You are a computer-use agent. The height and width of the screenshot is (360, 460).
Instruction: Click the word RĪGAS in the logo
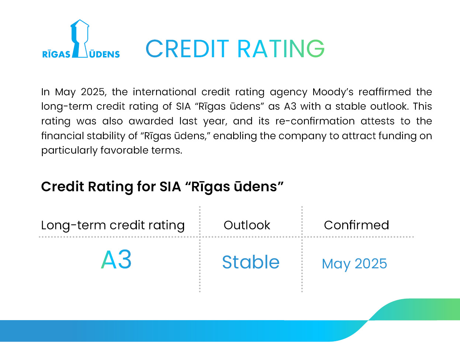56,54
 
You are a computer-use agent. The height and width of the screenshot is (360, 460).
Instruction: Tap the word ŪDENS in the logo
104,54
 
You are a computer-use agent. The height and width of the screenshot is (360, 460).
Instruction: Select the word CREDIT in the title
187,49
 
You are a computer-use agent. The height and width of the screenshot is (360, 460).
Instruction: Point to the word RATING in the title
281,49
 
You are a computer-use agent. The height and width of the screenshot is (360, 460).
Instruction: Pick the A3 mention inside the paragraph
290,106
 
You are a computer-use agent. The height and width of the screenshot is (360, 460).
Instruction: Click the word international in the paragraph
165,92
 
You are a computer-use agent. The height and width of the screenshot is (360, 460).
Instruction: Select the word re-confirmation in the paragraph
315,121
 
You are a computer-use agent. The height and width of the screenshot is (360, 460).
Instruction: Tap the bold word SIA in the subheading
170,187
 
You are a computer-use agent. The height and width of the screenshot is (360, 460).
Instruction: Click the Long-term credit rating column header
113,225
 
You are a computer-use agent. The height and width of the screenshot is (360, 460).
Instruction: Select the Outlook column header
247,225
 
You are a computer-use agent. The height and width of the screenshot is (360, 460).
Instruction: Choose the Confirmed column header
356,225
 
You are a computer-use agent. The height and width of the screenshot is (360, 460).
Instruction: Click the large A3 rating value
116,259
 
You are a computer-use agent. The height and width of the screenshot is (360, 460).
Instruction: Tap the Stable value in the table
251,262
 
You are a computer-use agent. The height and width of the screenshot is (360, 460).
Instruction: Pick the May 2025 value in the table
354,264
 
